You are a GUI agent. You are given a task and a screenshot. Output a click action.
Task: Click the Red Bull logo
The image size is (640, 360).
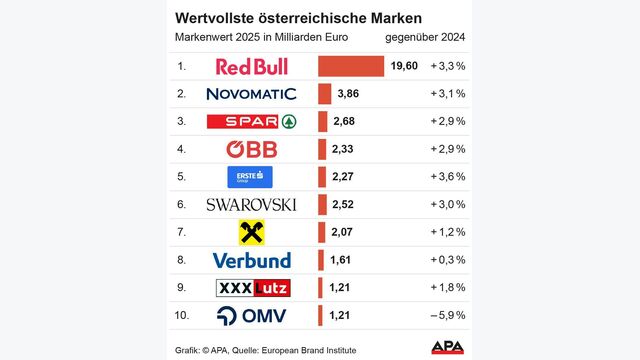(251, 66)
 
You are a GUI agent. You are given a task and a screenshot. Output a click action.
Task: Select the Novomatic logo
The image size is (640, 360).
(251, 94)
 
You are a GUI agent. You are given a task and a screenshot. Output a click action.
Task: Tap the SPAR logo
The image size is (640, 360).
(251, 122)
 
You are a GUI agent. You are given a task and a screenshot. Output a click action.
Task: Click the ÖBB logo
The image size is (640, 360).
(251, 149)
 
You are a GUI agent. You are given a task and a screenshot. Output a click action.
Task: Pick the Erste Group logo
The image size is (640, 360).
(251, 177)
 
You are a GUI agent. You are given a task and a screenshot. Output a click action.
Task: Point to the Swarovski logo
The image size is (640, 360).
(251, 205)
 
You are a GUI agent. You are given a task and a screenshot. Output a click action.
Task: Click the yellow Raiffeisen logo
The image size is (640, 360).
(251, 233)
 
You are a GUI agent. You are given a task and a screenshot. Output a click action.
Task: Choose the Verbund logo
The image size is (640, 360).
(251, 260)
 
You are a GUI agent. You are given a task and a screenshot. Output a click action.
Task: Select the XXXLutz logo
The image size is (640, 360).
(251, 288)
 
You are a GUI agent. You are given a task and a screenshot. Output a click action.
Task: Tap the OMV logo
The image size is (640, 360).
(251, 316)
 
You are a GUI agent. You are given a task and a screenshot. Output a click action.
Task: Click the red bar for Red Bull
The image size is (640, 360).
(351, 66)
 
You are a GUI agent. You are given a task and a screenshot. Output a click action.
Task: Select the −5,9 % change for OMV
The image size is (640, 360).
(446, 316)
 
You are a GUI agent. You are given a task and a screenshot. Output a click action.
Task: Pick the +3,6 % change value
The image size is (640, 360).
(446, 177)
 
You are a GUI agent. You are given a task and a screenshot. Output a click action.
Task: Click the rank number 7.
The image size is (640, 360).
(181, 233)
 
